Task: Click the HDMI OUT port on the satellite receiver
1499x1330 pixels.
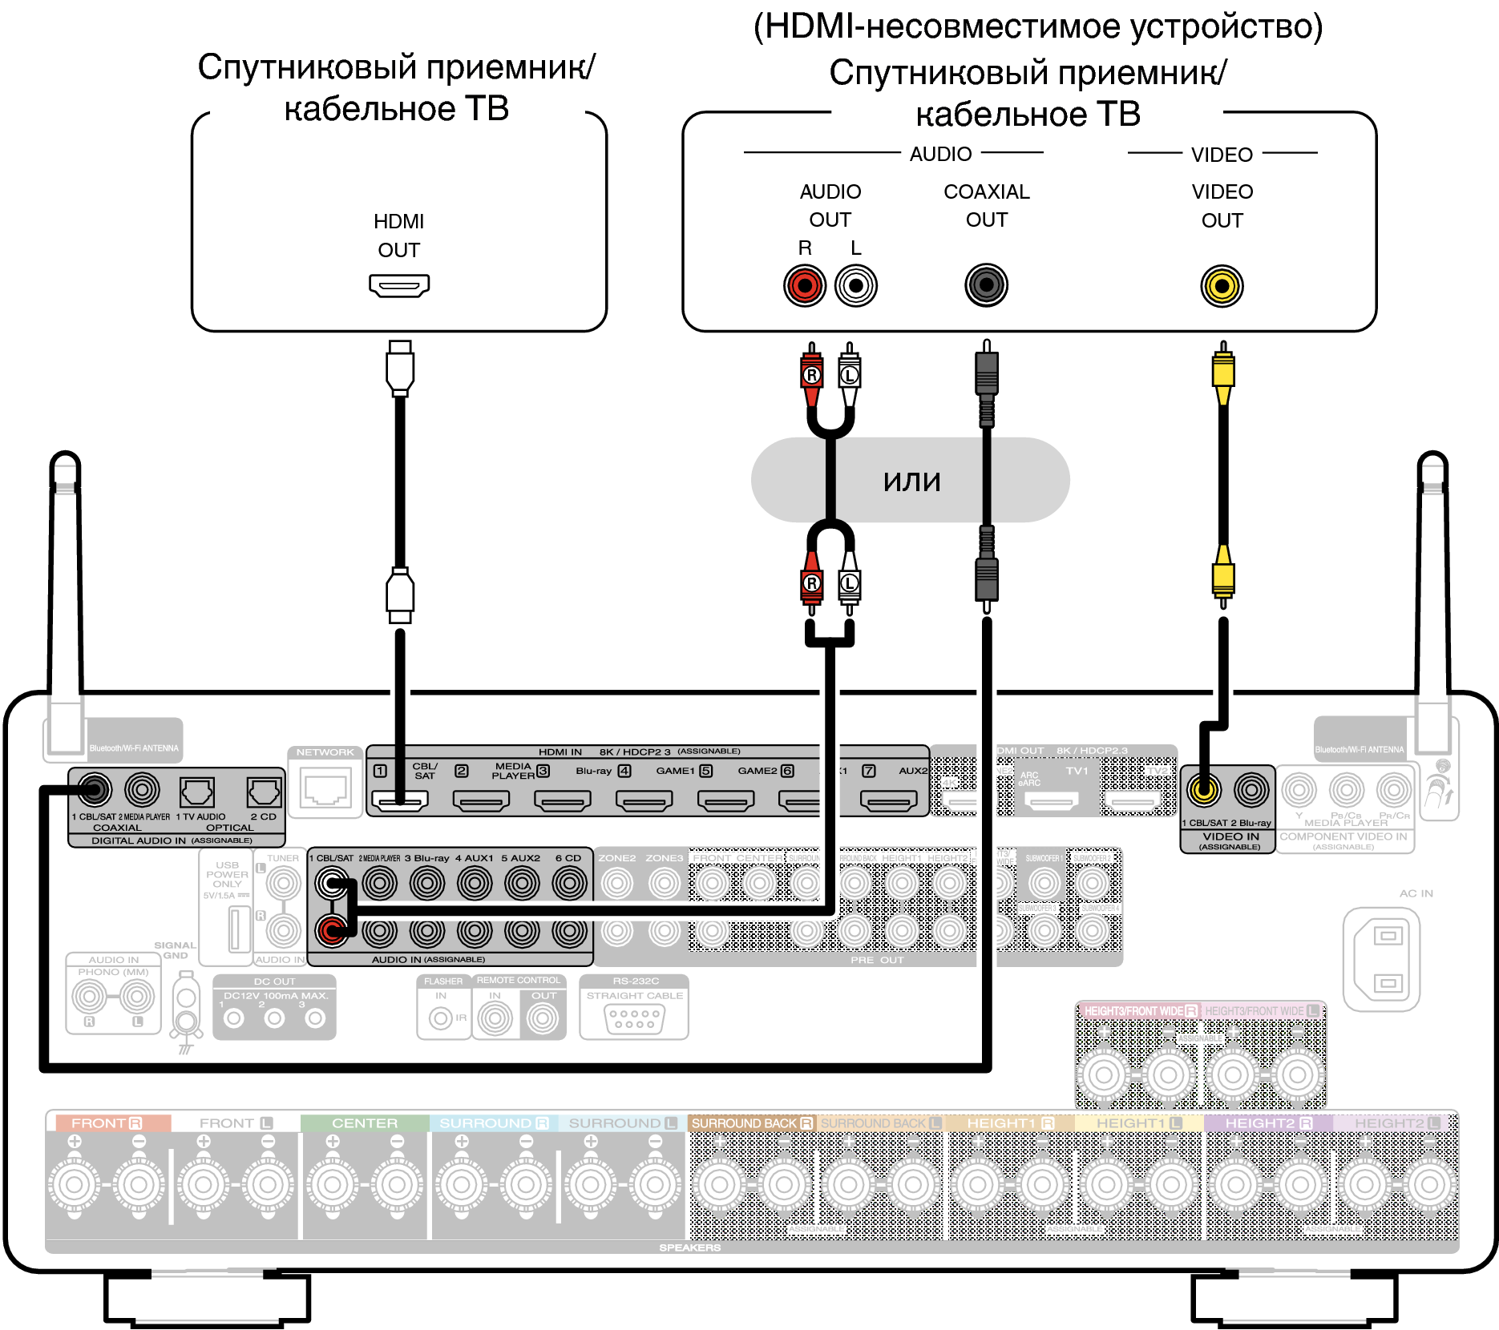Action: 399,285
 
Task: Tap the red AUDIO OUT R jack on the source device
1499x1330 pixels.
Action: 805,285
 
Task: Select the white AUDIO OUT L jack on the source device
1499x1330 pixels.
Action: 856,285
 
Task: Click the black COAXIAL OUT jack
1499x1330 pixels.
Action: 986,285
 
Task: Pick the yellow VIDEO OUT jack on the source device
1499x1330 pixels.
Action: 1222,286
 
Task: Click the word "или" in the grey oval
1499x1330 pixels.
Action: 911,481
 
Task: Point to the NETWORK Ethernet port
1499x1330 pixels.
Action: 325,788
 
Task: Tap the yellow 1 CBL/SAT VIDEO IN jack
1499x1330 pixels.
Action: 1203,790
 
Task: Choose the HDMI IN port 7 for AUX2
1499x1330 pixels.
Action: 888,799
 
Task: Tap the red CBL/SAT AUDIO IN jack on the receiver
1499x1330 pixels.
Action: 331,930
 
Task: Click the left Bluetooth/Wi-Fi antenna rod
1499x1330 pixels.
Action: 66,577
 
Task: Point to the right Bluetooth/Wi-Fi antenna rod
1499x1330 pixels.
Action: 1432,577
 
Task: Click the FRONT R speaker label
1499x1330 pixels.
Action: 107,1123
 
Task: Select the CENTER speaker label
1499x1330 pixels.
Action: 365,1123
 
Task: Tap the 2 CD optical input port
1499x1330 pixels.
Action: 263,792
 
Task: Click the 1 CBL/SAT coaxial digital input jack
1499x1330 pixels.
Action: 94,791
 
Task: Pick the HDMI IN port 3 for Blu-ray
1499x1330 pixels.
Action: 644,799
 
